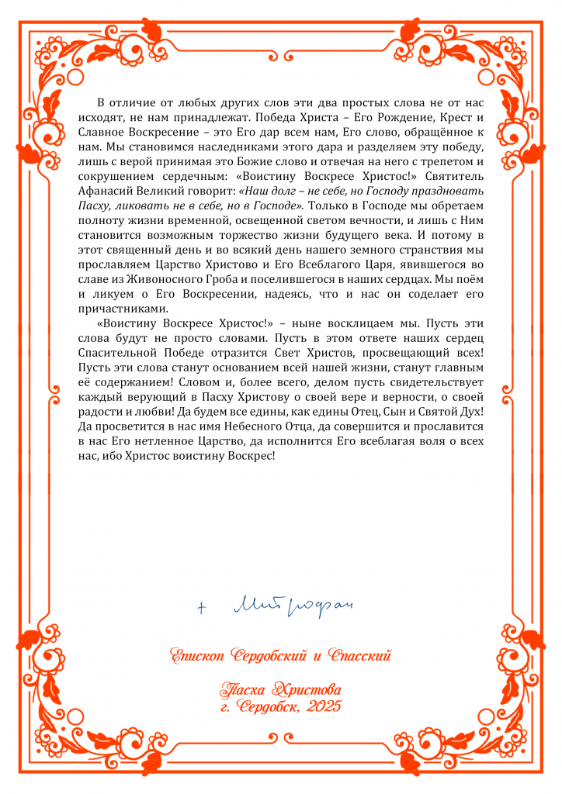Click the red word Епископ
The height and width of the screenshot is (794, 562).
pos(203,656)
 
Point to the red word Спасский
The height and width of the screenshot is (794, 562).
pos(361,656)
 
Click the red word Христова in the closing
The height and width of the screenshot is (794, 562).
pos(309,689)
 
